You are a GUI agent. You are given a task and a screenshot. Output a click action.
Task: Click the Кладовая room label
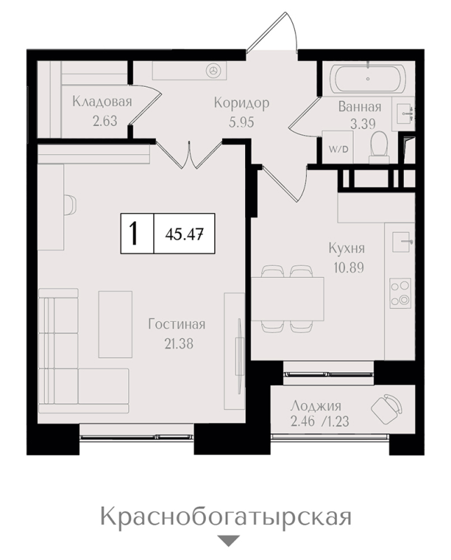click(x=102, y=101)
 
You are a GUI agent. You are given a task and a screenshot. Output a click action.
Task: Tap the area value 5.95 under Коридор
click(x=241, y=122)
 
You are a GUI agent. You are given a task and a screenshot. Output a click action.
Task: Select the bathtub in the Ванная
click(x=368, y=79)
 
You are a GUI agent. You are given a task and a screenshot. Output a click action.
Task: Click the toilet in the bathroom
click(x=379, y=147)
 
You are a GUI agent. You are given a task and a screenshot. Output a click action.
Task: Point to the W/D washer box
click(x=338, y=147)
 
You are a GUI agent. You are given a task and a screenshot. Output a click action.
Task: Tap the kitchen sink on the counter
click(x=402, y=241)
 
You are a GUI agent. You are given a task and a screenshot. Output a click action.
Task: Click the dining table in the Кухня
click(x=287, y=299)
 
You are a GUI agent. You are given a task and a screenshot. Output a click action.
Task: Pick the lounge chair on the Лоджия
click(x=387, y=409)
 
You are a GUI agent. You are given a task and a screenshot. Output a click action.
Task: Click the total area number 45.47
click(x=184, y=234)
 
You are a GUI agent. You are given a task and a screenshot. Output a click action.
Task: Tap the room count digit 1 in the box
click(x=134, y=234)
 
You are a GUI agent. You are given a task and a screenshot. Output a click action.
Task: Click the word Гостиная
click(x=177, y=324)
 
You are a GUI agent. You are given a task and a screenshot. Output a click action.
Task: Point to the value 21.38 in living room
click(x=179, y=344)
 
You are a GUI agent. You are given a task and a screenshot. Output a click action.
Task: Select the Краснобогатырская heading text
click(x=226, y=517)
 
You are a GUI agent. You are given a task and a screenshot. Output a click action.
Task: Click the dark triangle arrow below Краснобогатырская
click(x=228, y=540)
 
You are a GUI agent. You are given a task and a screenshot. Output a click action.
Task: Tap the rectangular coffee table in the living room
click(x=115, y=324)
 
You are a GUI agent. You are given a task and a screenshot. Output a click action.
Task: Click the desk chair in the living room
click(x=70, y=205)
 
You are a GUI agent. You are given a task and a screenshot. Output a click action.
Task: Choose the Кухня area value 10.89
click(x=349, y=267)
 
